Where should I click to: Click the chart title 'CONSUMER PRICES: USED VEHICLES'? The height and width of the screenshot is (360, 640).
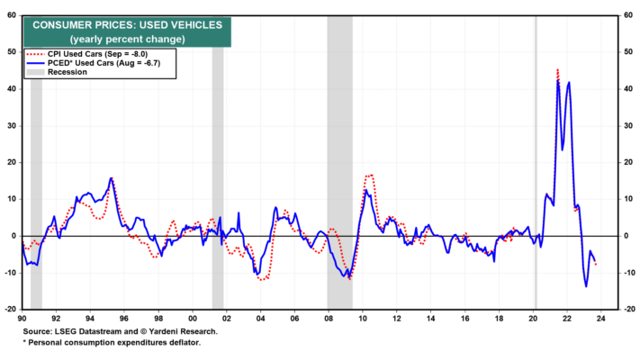point(127,25)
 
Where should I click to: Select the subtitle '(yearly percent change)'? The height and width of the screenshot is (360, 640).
point(127,40)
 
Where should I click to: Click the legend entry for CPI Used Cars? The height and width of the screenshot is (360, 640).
point(87,54)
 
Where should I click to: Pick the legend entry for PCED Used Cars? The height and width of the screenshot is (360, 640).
point(94,63)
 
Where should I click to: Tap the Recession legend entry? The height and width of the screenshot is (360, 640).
point(57,72)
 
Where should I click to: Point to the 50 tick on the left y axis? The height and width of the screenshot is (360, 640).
point(12,52)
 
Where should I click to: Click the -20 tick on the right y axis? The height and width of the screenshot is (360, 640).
point(626,310)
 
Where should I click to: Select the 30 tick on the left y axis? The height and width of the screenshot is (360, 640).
point(12,126)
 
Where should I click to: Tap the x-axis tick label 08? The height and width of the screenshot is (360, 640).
point(329,319)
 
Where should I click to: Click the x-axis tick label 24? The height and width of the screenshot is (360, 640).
point(600,319)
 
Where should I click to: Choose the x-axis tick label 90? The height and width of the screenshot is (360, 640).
point(22,319)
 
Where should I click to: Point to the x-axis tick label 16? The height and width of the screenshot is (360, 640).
point(464,319)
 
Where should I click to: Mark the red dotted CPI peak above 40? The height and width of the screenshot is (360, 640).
point(557,70)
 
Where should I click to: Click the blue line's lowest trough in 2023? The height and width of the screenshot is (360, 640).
point(586,286)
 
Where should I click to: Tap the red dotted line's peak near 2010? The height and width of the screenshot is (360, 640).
point(370,175)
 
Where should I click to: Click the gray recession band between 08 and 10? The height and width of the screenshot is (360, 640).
point(339,162)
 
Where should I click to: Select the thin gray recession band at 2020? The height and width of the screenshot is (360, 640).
point(536,162)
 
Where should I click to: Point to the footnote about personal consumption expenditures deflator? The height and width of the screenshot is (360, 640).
point(112,342)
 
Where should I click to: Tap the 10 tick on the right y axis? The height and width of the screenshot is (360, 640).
point(628,199)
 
